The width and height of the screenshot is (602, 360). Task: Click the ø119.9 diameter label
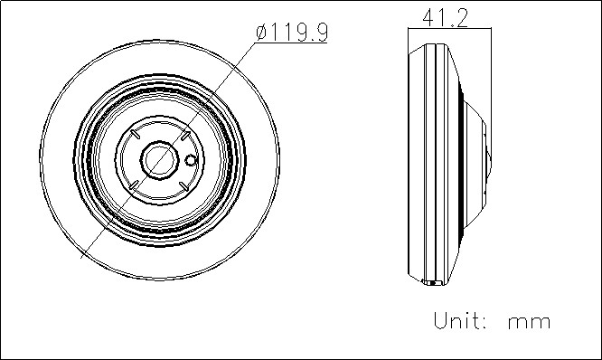pyautogui.click(x=292, y=33)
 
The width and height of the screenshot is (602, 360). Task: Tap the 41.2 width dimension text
pyautogui.click(x=446, y=18)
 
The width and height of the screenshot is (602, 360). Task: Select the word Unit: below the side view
pyautogui.click(x=461, y=320)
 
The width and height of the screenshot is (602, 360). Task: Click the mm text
pyautogui.click(x=529, y=323)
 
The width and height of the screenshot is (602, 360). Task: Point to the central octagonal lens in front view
pyautogui.click(x=160, y=160)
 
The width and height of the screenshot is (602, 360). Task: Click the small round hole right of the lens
pyautogui.click(x=191, y=160)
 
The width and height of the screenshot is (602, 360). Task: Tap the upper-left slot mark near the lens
pyautogui.click(x=135, y=134)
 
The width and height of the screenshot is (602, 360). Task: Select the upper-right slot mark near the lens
pyautogui.click(x=185, y=136)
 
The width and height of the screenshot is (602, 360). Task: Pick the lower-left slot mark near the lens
pyautogui.click(x=135, y=185)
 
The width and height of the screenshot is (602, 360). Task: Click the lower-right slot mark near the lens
pyautogui.click(x=183, y=186)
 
